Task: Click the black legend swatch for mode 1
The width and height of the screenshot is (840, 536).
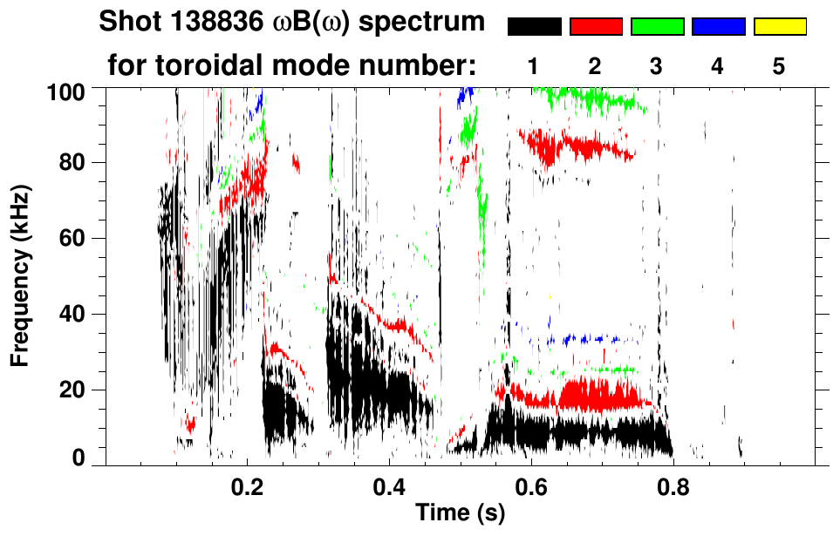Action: [534, 27]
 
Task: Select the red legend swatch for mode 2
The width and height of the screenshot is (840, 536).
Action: [596, 27]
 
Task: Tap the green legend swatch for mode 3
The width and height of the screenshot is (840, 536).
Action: [657, 27]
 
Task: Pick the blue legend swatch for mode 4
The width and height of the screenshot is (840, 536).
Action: [718, 27]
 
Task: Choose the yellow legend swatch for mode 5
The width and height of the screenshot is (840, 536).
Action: [780, 27]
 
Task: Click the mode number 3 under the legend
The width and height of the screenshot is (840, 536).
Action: [656, 66]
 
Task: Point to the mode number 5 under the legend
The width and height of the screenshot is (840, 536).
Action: [779, 66]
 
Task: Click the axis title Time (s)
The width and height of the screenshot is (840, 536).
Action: [460, 514]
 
